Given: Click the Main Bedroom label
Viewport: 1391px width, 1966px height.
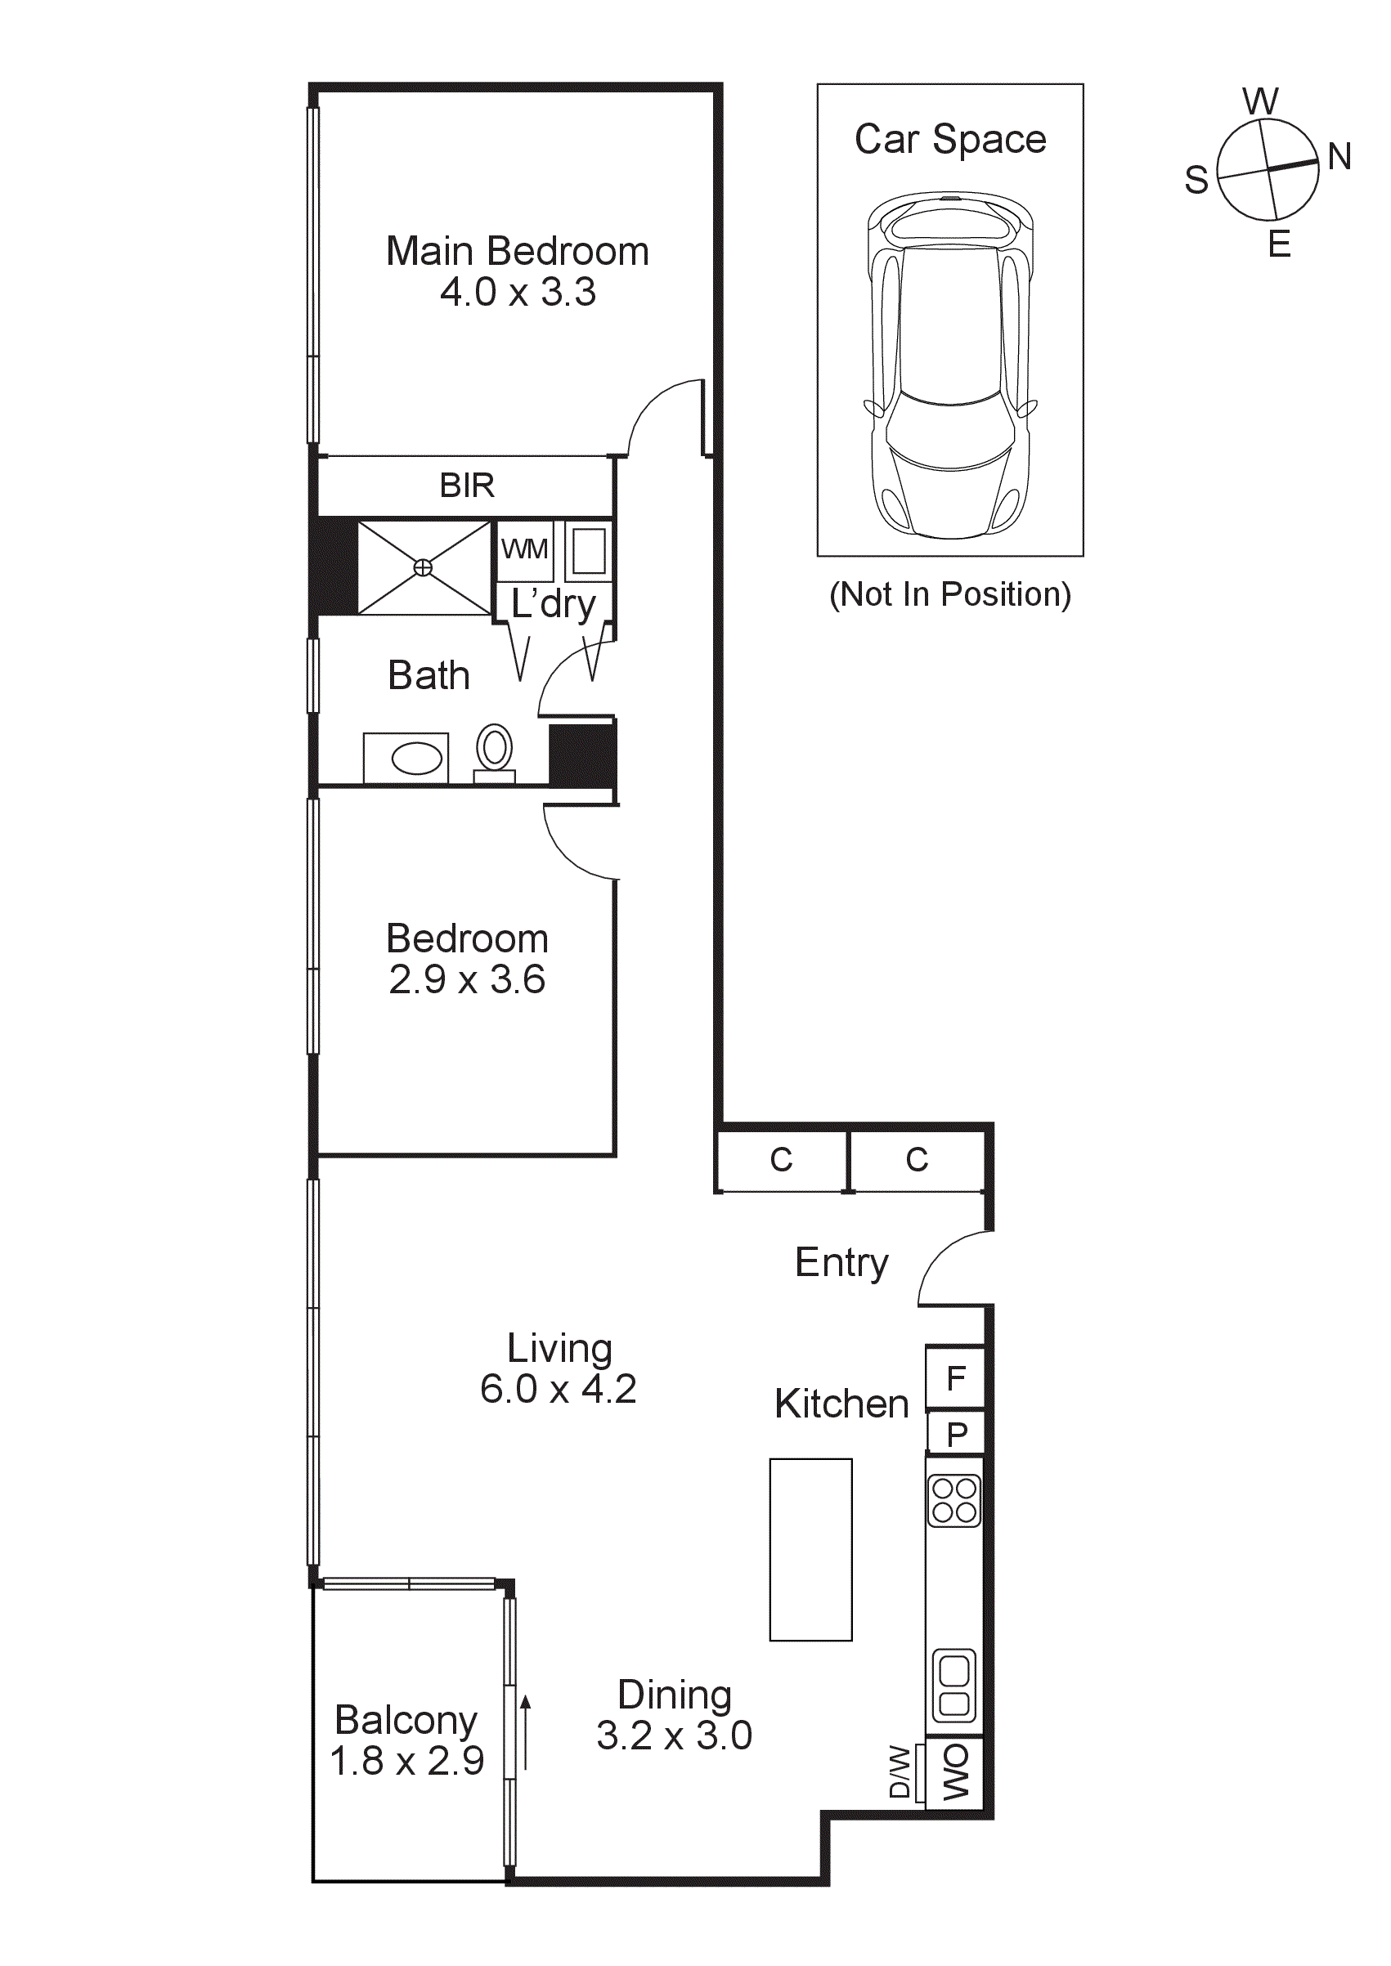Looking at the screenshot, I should (x=518, y=252).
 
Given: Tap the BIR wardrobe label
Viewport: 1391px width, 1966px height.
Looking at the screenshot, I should (x=467, y=486).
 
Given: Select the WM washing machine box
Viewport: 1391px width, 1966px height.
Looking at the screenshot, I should (x=524, y=549).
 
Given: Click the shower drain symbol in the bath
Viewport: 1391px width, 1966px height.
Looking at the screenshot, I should (x=423, y=567).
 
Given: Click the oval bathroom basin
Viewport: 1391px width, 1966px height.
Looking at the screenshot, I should (x=416, y=758).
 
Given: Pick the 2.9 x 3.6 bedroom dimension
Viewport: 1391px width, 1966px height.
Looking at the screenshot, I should (x=467, y=979).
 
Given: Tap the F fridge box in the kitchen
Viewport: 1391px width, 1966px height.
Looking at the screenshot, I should (x=956, y=1377).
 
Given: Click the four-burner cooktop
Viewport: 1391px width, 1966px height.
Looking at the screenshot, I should (x=954, y=1500).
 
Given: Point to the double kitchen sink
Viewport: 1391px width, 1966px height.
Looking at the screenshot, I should (x=954, y=1686).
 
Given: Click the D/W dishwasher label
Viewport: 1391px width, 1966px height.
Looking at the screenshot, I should (x=900, y=1771).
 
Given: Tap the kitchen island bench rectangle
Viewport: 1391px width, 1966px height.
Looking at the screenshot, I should (x=810, y=1549).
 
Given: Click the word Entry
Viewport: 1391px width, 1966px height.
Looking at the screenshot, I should (x=841, y=1263).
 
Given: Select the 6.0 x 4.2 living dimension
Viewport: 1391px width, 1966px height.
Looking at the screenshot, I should (x=558, y=1389).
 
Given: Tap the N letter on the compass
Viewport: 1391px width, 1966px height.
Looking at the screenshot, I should (x=1339, y=158).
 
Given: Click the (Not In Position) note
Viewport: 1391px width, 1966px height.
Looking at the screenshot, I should (x=950, y=594).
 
